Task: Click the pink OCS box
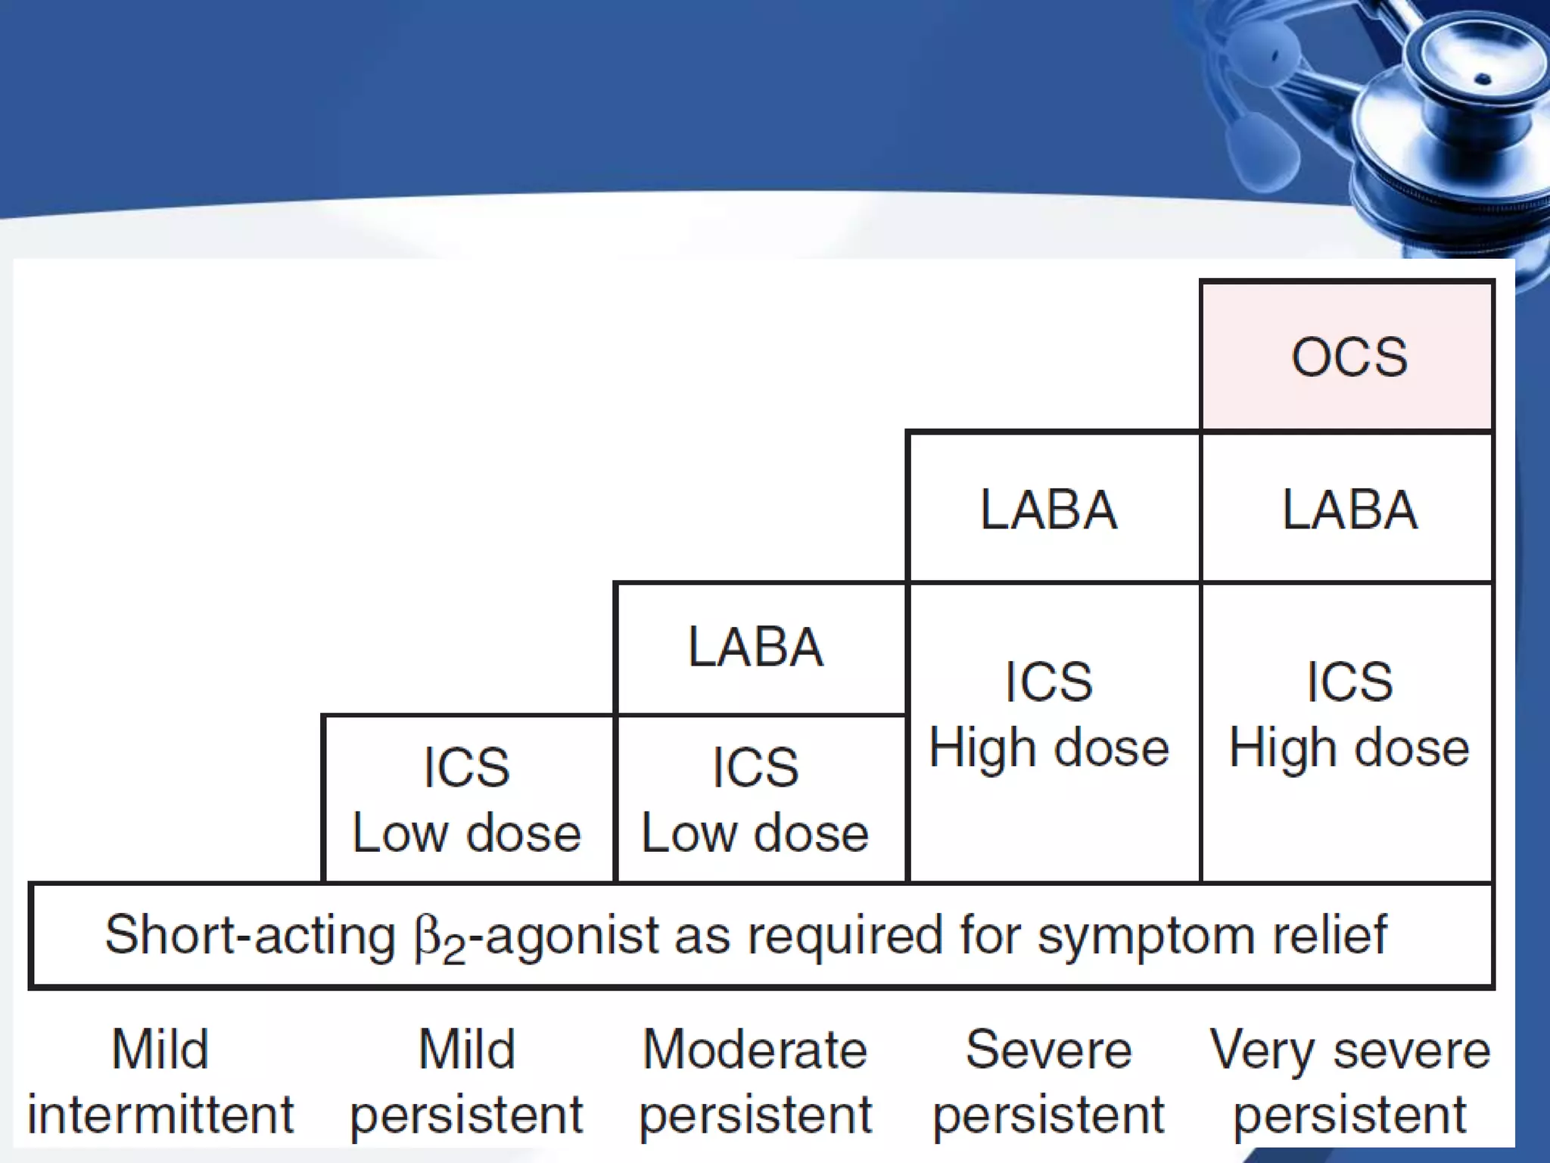1347,356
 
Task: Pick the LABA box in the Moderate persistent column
756,647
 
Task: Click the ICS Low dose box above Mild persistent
467,799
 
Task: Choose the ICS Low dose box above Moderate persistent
756,799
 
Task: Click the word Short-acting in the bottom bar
250,935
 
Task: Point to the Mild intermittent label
160,1082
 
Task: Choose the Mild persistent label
467,1082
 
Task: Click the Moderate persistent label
756,1082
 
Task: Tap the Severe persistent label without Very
1049,1082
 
